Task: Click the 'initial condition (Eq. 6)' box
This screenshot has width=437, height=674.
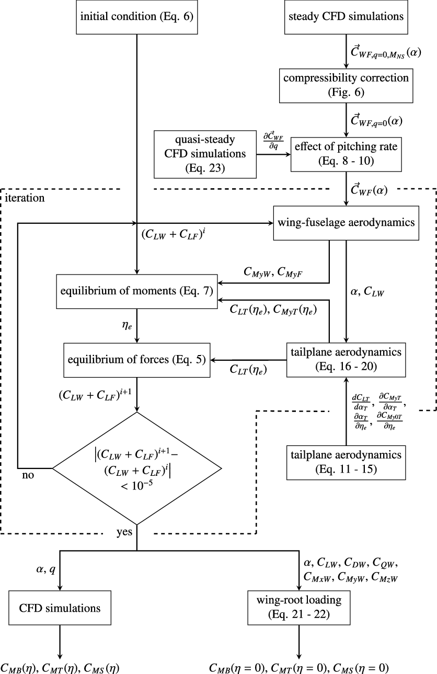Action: [x=136, y=17]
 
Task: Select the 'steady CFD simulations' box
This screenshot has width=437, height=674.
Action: [x=346, y=17]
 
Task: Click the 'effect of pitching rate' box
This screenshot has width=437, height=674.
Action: [x=346, y=154]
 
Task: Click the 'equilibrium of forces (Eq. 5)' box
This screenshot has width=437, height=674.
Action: [x=136, y=360]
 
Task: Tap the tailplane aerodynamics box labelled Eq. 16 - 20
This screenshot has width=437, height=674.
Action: [x=346, y=360]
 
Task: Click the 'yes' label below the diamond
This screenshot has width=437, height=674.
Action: [x=125, y=533]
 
